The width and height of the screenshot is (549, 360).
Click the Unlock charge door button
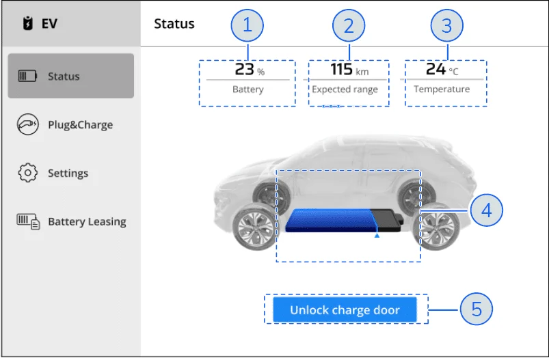345,309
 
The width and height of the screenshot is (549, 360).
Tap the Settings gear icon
27,172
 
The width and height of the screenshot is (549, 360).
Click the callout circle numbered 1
247,25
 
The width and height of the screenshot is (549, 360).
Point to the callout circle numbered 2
349,25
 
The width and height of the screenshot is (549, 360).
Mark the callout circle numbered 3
446,25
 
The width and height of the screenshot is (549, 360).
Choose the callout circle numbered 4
487,210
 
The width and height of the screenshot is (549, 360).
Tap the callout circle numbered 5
476,309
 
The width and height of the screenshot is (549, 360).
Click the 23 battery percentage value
244,69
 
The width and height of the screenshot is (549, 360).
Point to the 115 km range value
349,69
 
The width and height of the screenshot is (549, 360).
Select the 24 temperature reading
436,68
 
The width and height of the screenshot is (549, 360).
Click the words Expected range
345,89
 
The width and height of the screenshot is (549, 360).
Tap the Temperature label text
442,89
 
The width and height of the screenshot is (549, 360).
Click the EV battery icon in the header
27,23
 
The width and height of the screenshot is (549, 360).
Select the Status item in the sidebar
70,76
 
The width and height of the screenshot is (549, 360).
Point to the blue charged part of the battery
331,221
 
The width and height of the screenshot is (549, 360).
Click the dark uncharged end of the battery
388,220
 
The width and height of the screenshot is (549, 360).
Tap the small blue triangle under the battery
377,236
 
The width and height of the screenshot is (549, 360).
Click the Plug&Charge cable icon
27,124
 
